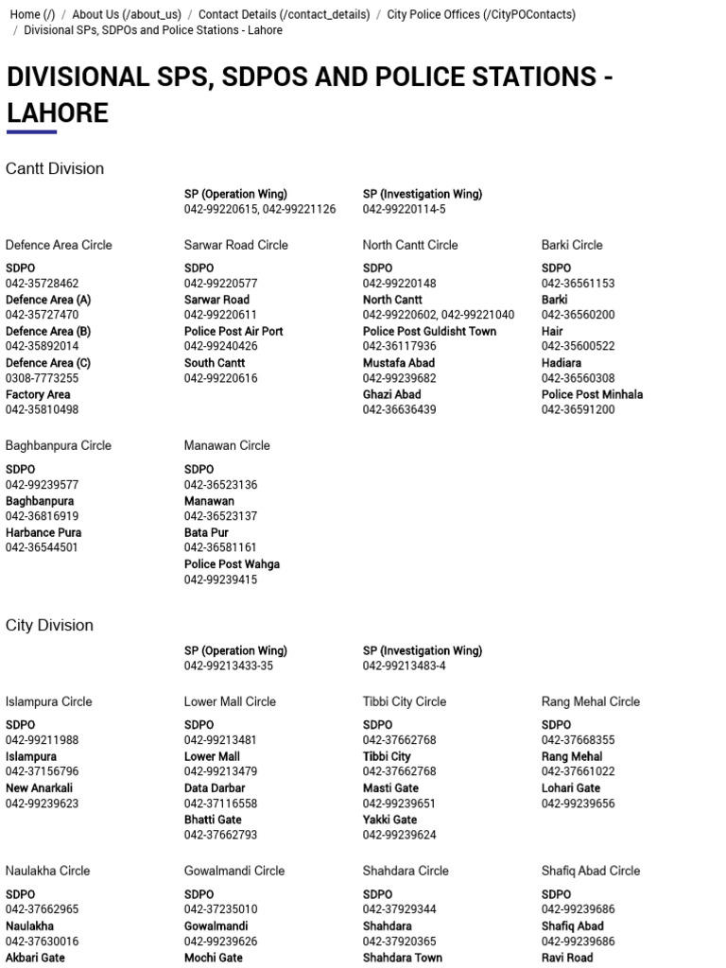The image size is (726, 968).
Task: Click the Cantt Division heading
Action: tap(55, 168)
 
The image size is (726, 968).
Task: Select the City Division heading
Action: tap(49, 625)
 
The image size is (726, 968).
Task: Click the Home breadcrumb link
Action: tap(32, 14)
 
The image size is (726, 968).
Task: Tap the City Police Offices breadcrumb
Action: tap(480, 14)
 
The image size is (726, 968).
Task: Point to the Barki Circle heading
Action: tap(572, 245)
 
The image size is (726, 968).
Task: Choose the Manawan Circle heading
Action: tap(227, 445)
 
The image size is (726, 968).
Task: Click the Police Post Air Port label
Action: tap(233, 331)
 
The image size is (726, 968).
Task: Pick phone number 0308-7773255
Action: tap(43, 378)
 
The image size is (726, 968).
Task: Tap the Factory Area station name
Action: tap(38, 394)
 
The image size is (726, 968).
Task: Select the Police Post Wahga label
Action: tap(232, 564)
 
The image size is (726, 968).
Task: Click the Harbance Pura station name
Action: tap(43, 532)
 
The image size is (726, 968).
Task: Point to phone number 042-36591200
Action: tap(578, 409)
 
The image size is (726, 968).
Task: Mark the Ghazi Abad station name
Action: tap(391, 394)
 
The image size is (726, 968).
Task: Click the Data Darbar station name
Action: tap(215, 787)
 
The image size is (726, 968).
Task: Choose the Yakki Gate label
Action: tap(389, 820)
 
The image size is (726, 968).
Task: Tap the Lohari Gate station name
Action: tap(571, 787)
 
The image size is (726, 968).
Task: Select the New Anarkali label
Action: tap(39, 787)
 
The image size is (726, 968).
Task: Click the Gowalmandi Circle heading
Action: tap(234, 871)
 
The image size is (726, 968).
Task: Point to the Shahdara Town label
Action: tap(402, 958)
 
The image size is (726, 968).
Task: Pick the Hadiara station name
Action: tap(562, 363)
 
